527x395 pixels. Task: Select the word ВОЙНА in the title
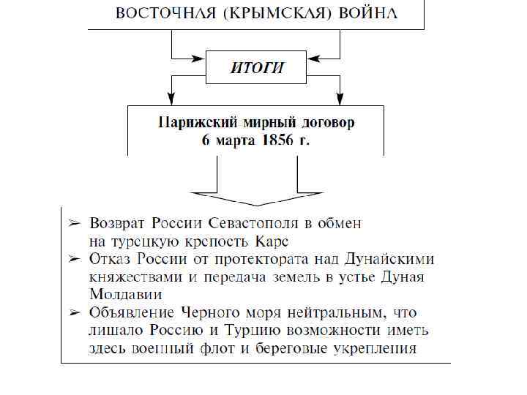pyautogui.click(x=367, y=15)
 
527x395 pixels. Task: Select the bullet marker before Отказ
pyautogui.click(x=73, y=259)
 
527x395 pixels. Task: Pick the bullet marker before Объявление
pyautogui.click(x=73, y=312)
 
